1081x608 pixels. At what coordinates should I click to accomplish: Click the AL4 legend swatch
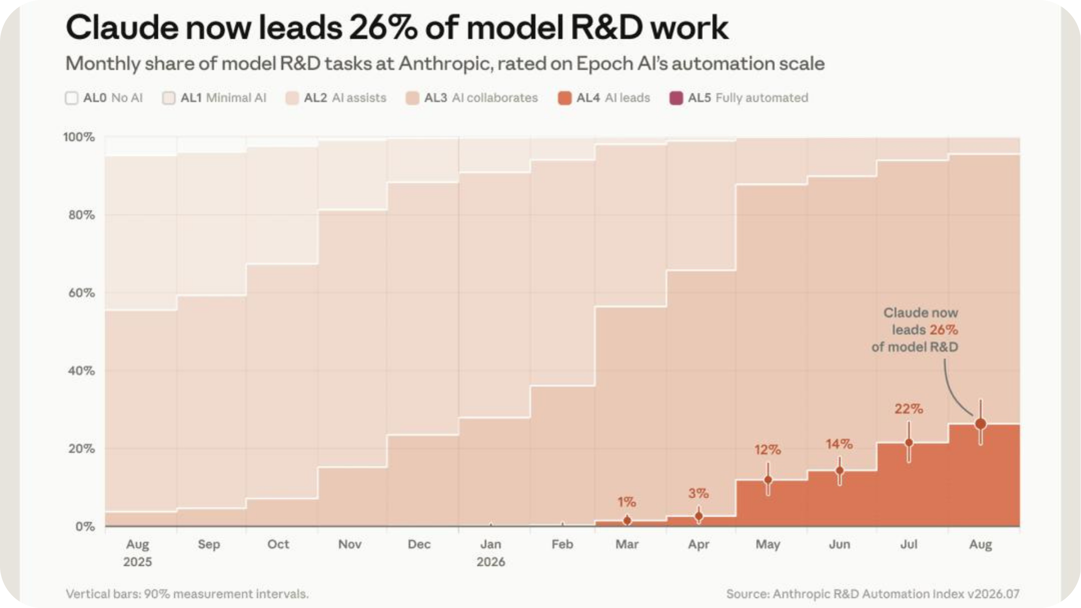pyautogui.click(x=565, y=98)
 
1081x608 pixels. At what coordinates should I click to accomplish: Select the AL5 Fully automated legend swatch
pyautogui.click(x=676, y=98)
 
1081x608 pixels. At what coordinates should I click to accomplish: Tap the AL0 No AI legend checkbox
pyautogui.click(x=71, y=98)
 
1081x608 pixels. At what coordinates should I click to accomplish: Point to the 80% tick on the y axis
pyautogui.click(x=81, y=215)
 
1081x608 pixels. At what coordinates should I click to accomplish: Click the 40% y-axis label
pyautogui.click(x=81, y=371)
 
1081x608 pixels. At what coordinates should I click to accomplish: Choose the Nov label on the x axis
pyautogui.click(x=350, y=544)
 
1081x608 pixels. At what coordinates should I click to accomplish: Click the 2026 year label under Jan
pyautogui.click(x=491, y=562)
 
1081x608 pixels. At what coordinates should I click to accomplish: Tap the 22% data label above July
pyautogui.click(x=909, y=409)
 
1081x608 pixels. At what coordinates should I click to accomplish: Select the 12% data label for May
pyautogui.click(x=768, y=450)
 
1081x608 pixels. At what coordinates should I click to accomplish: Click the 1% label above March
pyautogui.click(x=627, y=502)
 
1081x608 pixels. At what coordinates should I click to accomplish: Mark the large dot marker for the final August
pyautogui.click(x=981, y=423)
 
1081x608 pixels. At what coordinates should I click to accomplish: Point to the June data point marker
pyautogui.click(x=839, y=470)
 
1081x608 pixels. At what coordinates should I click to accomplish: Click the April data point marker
pyautogui.click(x=698, y=516)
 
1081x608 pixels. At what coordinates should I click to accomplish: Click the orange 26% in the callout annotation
pyautogui.click(x=944, y=330)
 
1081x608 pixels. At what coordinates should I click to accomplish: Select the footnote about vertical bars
pyautogui.click(x=187, y=594)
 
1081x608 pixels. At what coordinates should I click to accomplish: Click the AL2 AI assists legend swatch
pyautogui.click(x=292, y=98)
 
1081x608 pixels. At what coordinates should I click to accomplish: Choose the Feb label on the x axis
pyautogui.click(x=562, y=544)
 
